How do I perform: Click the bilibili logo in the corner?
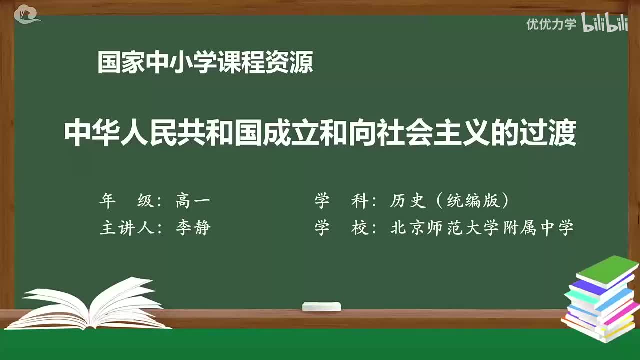pos(605,24)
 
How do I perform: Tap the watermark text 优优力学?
pos(551,24)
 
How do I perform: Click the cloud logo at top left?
pos(27,15)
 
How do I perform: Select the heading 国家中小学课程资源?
pos(205,63)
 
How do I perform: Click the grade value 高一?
pos(193,201)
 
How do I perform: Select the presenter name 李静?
pos(193,228)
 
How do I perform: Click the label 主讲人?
pos(127,228)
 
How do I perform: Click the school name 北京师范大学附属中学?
pos(482,228)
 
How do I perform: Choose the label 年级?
pos(127,201)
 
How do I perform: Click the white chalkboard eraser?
pos(321,306)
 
